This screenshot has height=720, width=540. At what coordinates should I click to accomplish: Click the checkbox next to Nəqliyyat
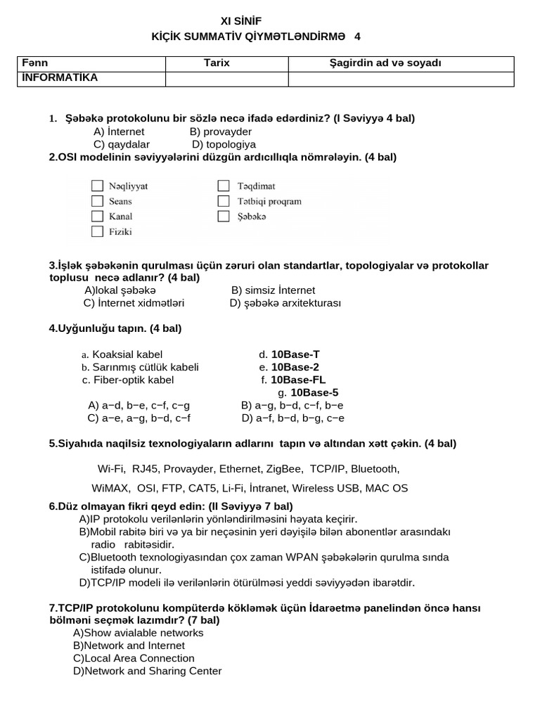coord(97,186)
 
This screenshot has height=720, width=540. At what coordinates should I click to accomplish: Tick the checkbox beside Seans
coord(97,201)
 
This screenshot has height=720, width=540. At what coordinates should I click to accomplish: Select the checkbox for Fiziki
coord(97,231)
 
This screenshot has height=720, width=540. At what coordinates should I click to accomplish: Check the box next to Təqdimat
coord(224,186)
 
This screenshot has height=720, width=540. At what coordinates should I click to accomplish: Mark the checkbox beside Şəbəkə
coord(224,217)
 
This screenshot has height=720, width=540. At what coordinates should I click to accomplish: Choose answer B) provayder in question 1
coord(221,131)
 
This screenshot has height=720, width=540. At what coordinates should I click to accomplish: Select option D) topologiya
coord(224,144)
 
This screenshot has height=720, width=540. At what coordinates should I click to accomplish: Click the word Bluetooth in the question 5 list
coord(375,468)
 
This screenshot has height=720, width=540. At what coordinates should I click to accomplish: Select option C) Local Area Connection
coord(134,658)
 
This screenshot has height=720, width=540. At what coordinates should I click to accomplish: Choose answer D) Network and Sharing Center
coord(147,671)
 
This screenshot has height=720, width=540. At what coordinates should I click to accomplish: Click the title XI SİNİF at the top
coord(241,22)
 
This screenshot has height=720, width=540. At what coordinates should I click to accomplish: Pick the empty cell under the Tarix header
coord(226,79)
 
